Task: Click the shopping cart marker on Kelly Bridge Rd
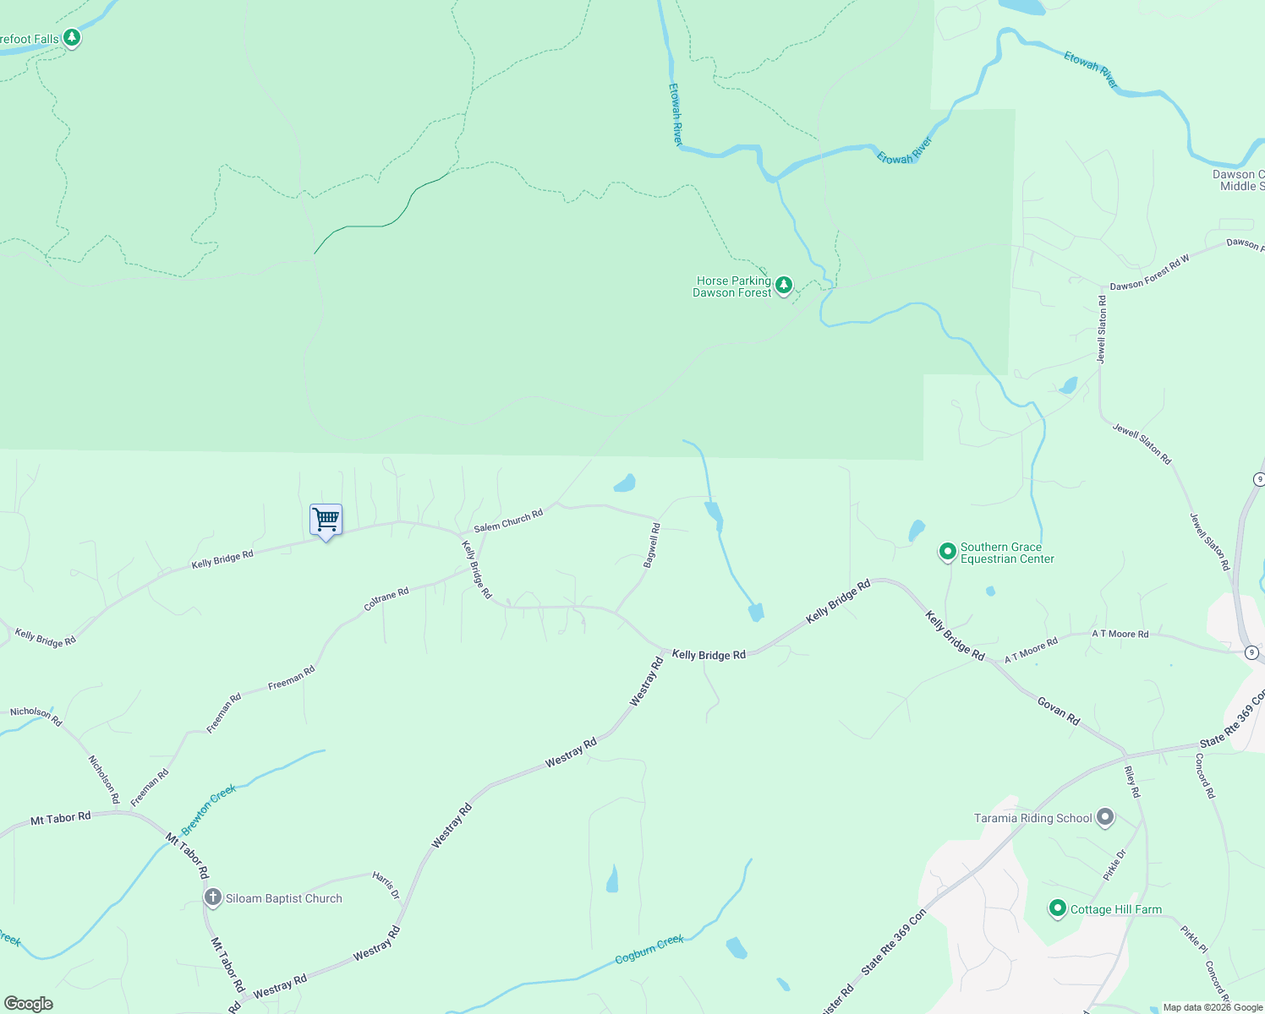[x=326, y=520]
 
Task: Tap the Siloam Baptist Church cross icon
[x=213, y=897]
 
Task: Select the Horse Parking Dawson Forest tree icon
[x=784, y=286]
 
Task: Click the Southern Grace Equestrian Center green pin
[x=947, y=553]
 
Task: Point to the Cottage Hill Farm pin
[x=1057, y=908]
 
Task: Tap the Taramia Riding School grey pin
[x=1104, y=817]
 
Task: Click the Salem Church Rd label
[x=508, y=521]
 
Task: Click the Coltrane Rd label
[x=386, y=599]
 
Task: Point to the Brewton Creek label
[x=208, y=810]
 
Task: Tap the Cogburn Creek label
[x=649, y=949]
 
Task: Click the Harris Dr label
[x=386, y=885]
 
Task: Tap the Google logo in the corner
[x=29, y=1004]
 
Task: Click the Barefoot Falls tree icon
[x=72, y=38]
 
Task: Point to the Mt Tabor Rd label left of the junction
[x=60, y=818]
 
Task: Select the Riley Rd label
[x=1132, y=782]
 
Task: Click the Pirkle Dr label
[x=1115, y=865]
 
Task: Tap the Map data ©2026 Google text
[x=1213, y=1007]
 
